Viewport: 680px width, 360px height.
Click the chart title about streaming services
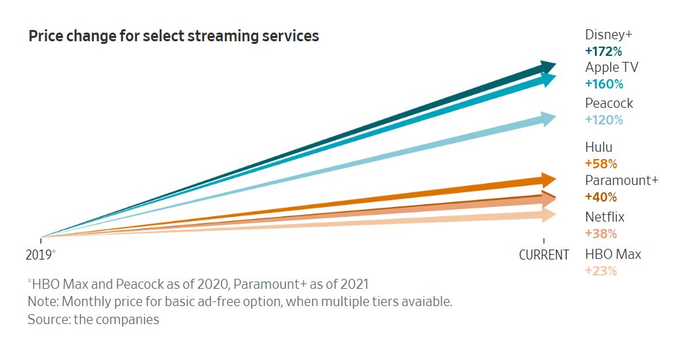click(174, 37)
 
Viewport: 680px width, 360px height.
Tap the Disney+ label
click(609, 35)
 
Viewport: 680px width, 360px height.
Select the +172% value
click(603, 51)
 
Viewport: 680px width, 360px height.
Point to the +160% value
click(603, 84)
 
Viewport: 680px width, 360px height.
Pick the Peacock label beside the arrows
click(609, 104)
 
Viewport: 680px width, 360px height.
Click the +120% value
click(603, 120)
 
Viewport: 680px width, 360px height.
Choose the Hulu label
click(599, 148)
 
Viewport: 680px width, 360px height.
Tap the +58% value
click(601, 164)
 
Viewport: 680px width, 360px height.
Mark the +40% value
click(601, 197)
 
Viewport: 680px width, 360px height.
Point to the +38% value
click(601, 234)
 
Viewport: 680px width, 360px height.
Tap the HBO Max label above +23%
click(613, 254)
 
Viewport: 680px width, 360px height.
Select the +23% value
click(601, 271)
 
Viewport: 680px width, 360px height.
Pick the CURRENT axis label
click(544, 255)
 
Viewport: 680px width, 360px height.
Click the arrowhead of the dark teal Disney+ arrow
click(548, 66)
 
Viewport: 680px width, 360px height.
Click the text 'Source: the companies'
click(93, 319)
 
